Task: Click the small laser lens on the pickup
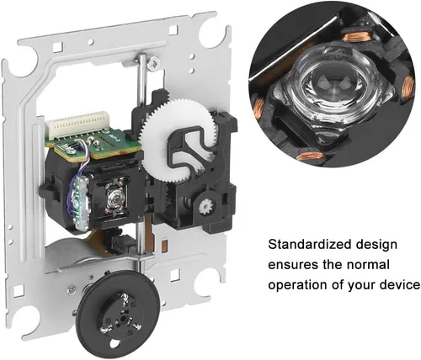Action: (115, 195)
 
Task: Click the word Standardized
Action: (310, 245)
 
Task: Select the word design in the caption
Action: (376, 246)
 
